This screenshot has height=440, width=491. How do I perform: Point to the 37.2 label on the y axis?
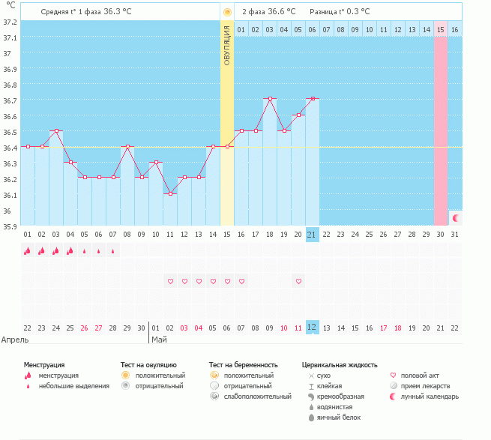tap(10, 22)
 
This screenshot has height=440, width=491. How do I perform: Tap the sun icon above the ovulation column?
tap(227, 12)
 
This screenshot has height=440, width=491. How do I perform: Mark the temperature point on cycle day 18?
tap(270, 98)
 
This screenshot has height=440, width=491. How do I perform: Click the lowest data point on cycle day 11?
tap(170, 193)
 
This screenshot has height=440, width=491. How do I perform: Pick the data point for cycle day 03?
tap(56, 130)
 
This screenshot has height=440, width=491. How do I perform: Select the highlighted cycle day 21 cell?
tap(313, 235)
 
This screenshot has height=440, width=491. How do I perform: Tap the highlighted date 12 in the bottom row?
tap(313, 328)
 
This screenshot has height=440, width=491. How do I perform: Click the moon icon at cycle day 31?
tap(455, 217)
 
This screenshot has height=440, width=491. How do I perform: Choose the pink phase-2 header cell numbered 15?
tap(441, 29)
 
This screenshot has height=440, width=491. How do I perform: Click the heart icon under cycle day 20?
tap(298, 281)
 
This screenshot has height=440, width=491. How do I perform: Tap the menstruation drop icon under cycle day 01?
tap(28, 251)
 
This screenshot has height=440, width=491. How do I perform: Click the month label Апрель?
tap(15, 339)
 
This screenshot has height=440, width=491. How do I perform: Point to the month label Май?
tap(159, 339)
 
